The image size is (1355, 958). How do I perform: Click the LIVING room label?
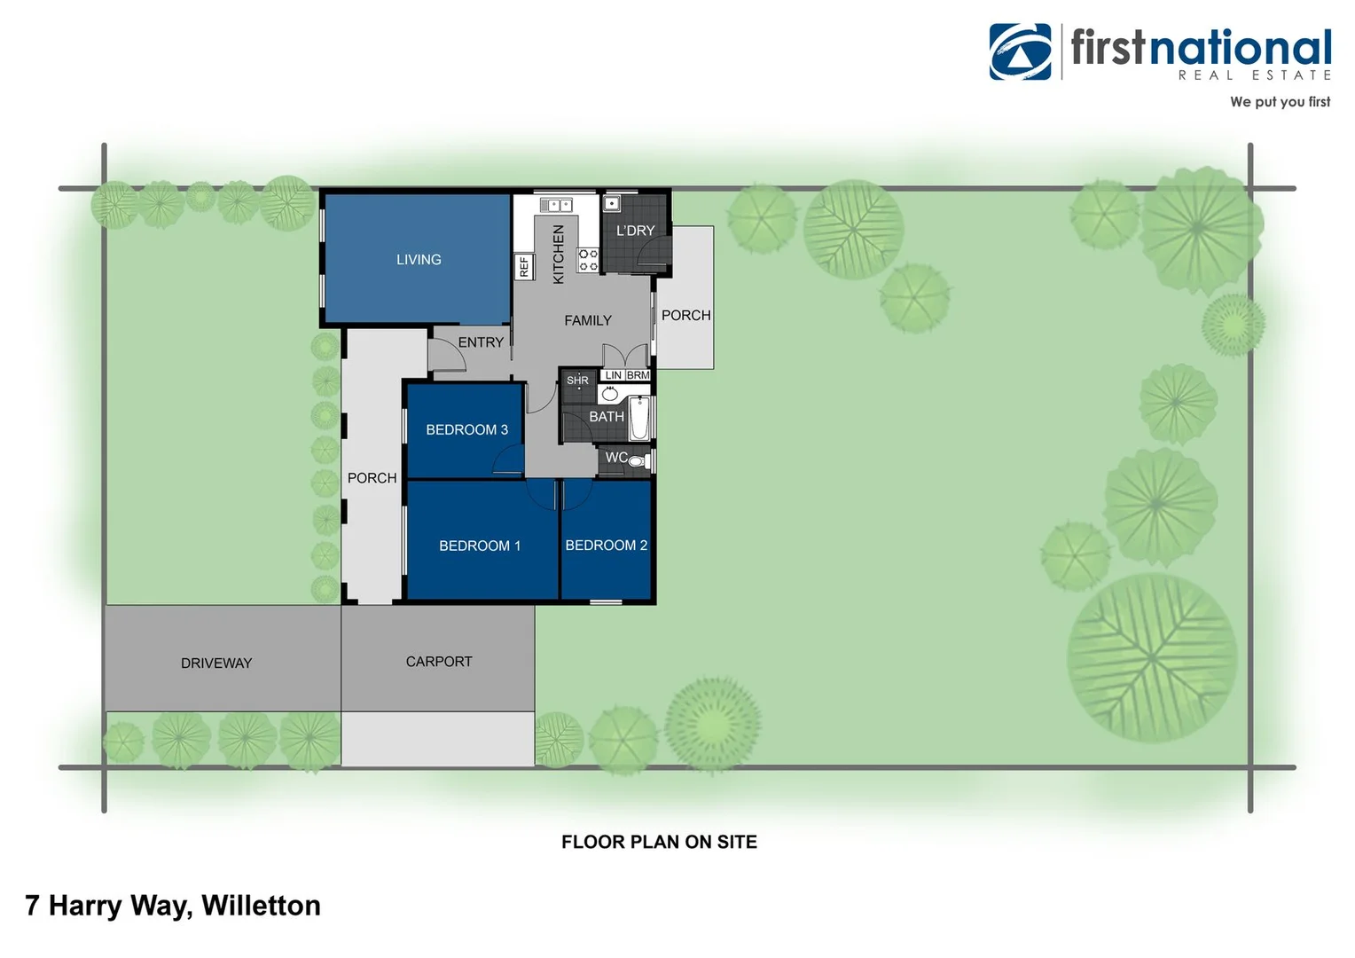tap(419, 260)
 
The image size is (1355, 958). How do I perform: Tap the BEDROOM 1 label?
tap(480, 546)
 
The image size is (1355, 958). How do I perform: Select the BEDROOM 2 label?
tap(607, 546)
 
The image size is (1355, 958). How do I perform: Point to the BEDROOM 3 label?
tap(466, 430)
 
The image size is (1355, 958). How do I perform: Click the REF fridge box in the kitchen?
tap(524, 266)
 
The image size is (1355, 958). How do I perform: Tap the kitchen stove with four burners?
tap(589, 260)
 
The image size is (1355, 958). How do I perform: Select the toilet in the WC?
tap(637, 460)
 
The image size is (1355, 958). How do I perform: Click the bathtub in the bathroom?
tap(639, 419)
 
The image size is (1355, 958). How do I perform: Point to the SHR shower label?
tap(577, 381)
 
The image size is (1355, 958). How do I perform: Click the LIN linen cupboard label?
tap(613, 375)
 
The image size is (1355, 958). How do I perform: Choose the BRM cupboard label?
tap(638, 375)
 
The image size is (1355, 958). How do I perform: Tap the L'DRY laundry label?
tap(635, 231)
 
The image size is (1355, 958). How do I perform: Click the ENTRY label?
tap(481, 342)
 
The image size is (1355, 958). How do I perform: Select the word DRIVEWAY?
tap(216, 664)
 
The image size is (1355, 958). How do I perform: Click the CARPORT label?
tap(439, 662)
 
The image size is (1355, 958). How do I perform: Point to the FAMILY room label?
tap(588, 321)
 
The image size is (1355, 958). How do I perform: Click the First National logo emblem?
tap(1020, 51)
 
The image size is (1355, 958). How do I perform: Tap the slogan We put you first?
tap(1280, 102)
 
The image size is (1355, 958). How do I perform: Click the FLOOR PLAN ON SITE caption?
tap(659, 842)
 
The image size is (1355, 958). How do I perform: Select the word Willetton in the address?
tap(261, 906)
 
